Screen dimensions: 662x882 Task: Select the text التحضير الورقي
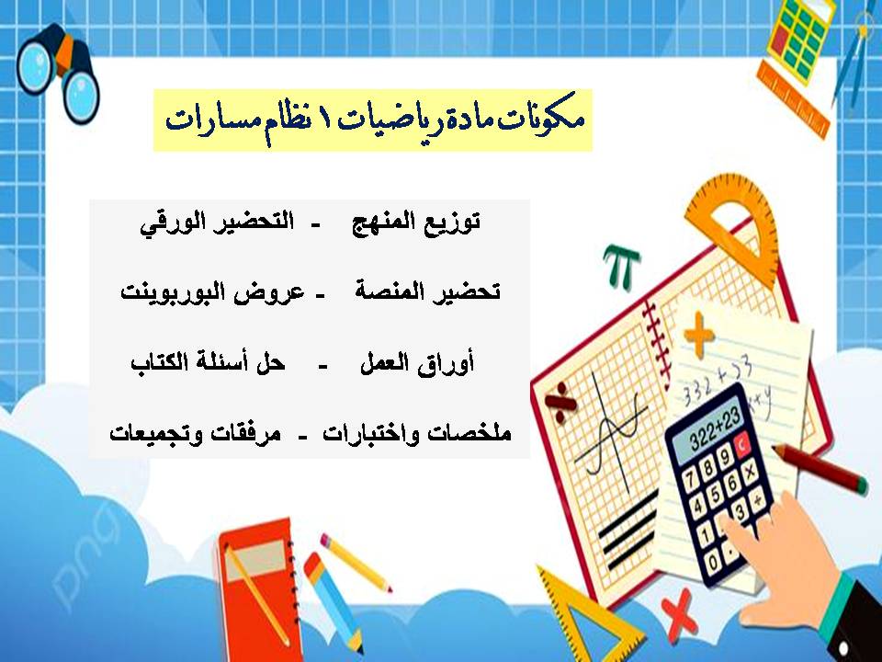[x=217, y=223]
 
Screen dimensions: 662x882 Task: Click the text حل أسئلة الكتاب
[x=208, y=364]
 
